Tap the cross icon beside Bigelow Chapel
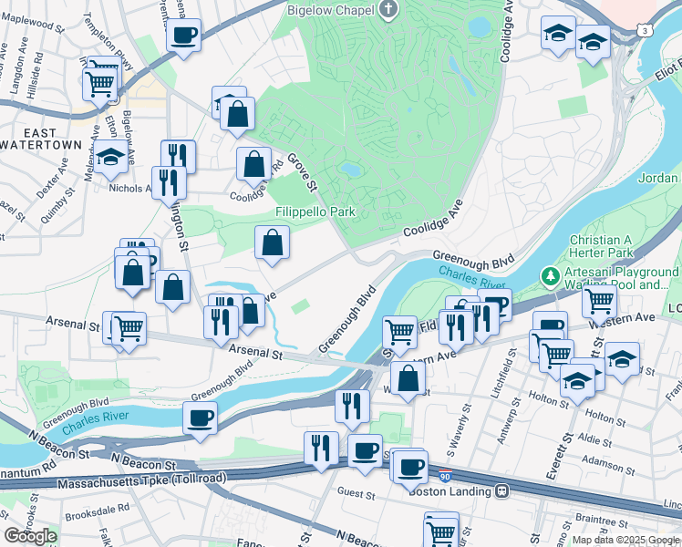pyautogui.click(x=389, y=9)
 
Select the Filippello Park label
pyautogui.click(x=315, y=212)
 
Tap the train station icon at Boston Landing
pyautogui.click(x=502, y=490)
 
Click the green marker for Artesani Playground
pyautogui.click(x=550, y=274)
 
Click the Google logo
pyautogui.click(x=30, y=535)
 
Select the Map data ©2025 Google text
pyautogui.click(x=625, y=540)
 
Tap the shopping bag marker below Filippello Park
pyautogui.click(x=272, y=243)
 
